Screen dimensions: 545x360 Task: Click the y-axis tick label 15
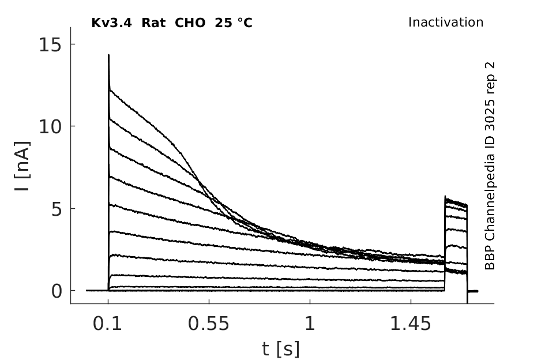tap(50, 44)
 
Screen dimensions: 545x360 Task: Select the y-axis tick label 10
tap(50, 126)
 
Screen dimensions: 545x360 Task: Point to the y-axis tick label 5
tap(57, 209)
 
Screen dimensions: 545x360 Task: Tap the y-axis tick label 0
tap(57, 291)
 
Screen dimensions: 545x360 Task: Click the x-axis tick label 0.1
tap(107, 324)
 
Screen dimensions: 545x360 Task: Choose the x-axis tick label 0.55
tap(209, 324)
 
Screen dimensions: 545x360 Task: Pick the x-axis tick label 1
tap(310, 324)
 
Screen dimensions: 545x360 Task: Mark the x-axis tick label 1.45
tap(411, 324)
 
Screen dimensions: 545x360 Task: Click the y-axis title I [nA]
tap(22, 166)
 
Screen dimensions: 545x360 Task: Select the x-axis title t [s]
tap(280, 349)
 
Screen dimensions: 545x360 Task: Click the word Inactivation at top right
tap(446, 22)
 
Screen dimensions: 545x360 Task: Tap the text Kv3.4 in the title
tap(111, 23)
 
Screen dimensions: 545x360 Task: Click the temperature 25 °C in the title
tap(234, 23)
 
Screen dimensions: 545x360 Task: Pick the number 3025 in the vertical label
tap(490, 115)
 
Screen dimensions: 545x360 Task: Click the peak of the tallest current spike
tap(109, 55)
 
